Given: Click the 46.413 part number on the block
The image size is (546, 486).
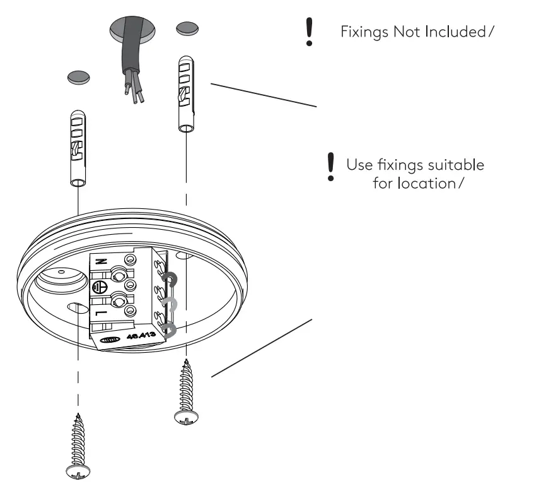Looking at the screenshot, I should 146,335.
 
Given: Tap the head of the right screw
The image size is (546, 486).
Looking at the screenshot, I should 185,417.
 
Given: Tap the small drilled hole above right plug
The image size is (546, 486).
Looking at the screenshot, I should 186,28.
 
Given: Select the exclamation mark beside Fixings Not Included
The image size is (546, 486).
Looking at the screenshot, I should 309,32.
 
